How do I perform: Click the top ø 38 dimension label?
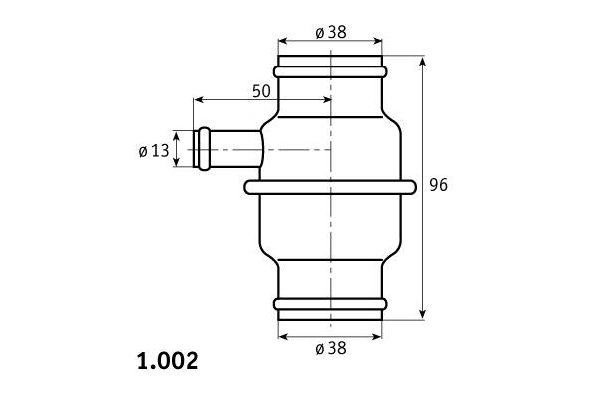[331, 33]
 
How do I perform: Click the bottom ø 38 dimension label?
[331, 348]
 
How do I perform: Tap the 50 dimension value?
[261, 91]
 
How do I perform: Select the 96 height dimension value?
[439, 185]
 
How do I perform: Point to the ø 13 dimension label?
[154, 151]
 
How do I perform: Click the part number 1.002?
[167, 361]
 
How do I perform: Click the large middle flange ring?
[331, 187]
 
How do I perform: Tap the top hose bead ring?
[331, 71]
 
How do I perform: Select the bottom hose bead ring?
[331, 304]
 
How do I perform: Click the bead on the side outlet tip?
[204, 149]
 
